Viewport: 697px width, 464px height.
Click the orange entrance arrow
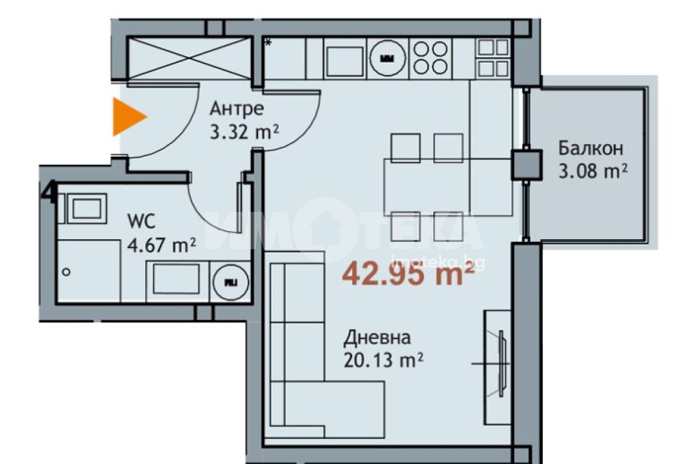pyautogui.click(x=128, y=116)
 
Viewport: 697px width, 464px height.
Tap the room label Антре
pyautogui.click(x=236, y=109)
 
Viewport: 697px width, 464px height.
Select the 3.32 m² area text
pyautogui.click(x=244, y=132)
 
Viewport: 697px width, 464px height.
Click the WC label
pyautogui.click(x=141, y=221)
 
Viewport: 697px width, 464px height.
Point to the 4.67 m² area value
pyautogui.click(x=162, y=245)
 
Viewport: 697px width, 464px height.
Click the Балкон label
pyautogui.click(x=591, y=148)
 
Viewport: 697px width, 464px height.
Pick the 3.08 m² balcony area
pyautogui.click(x=593, y=171)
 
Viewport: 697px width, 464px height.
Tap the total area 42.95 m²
pyautogui.click(x=408, y=273)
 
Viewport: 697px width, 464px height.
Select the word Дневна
pyautogui.click(x=377, y=338)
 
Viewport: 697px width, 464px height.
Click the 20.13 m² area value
pyautogui.click(x=383, y=360)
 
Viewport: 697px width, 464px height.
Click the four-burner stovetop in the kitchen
pyautogui.click(x=430, y=58)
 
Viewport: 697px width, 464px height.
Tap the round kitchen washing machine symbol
pyautogui.click(x=388, y=59)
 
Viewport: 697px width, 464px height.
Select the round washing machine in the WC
pyautogui.click(x=230, y=281)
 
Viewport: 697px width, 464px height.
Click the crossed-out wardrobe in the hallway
pyautogui.click(x=190, y=59)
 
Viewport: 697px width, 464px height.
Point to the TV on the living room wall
pyautogui.click(x=501, y=364)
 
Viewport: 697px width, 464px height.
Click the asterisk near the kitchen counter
pyautogui.click(x=268, y=43)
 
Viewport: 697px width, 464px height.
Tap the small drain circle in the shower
pyautogui.click(x=66, y=272)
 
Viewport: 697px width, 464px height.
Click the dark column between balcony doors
pyautogui.click(x=526, y=165)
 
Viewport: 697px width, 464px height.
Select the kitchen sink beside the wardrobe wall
pyautogui.click(x=345, y=61)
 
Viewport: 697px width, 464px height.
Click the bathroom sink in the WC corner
pyautogui.click(x=86, y=208)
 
